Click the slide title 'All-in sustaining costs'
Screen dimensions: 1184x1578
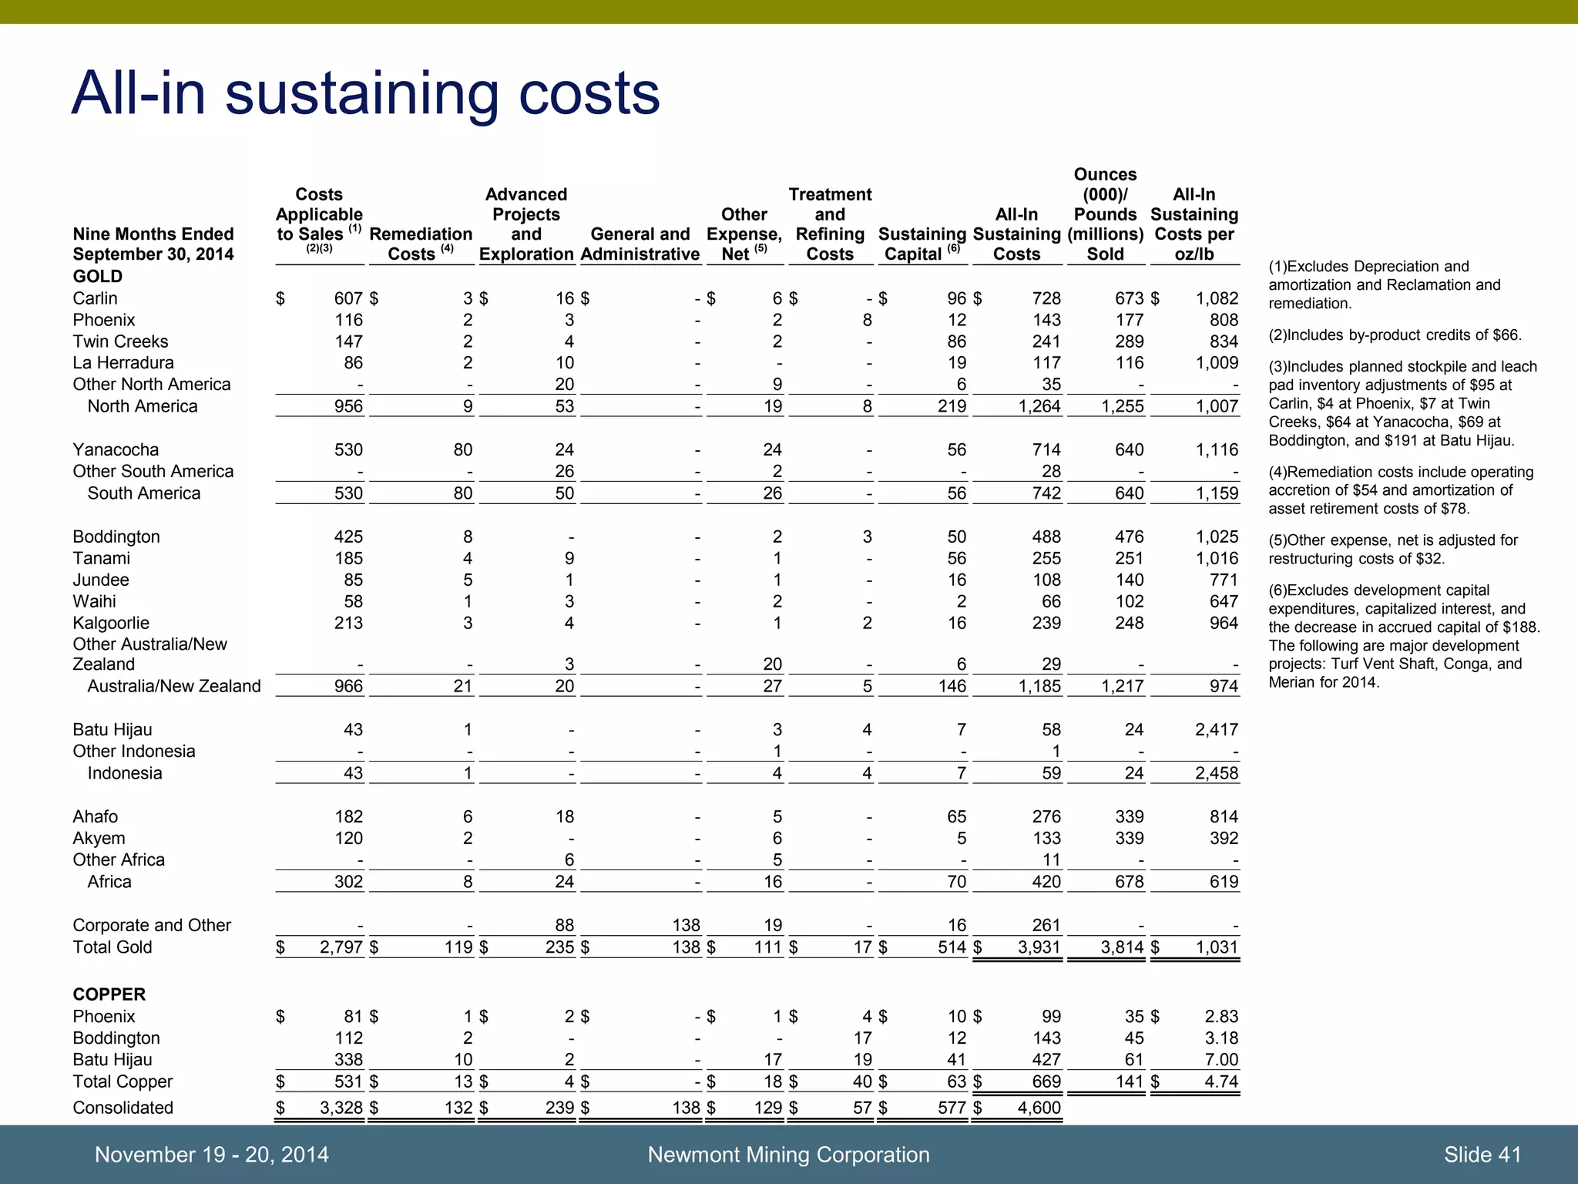coord(365,93)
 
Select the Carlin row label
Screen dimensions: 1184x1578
coord(96,298)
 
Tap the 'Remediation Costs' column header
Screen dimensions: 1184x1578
coord(421,244)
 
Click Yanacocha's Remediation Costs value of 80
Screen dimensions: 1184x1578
coord(462,449)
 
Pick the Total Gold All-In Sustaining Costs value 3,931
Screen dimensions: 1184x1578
coord(1039,947)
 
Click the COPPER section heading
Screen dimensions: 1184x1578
coord(109,994)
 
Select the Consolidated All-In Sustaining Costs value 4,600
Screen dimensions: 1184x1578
coord(1039,1108)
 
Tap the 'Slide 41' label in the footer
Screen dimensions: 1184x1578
coord(1482,1154)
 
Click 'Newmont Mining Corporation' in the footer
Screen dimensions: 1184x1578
coord(788,1154)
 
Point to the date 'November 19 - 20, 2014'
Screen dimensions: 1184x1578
coord(211,1154)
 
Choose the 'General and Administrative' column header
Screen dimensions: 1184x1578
coord(640,244)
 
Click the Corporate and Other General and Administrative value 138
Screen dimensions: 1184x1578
coord(686,925)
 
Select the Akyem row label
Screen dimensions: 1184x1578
coord(99,838)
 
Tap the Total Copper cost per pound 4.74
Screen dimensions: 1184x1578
coord(1220,1081)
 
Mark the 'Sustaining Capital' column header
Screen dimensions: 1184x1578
coord(922,244)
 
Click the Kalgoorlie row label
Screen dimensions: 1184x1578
coord(111,623)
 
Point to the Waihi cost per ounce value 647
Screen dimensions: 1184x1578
coord(1224,601)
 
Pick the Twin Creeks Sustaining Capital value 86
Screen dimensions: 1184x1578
coord(956,341)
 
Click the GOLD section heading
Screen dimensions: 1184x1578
coord(97,276)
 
